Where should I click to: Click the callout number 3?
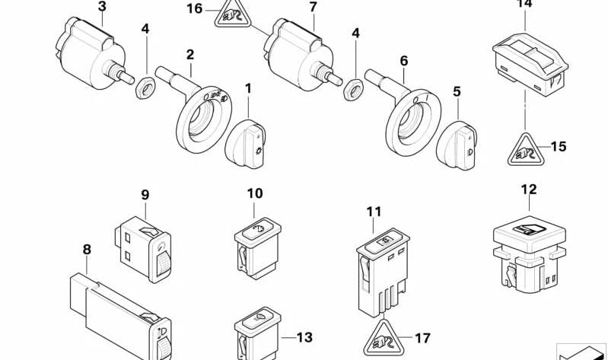[x=102, y=7]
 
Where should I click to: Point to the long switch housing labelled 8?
[x=114, y=312]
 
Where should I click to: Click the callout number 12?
[x=528, y=189]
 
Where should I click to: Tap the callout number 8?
[x=87, y=249]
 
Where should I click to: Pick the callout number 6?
[x=403, y=59]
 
